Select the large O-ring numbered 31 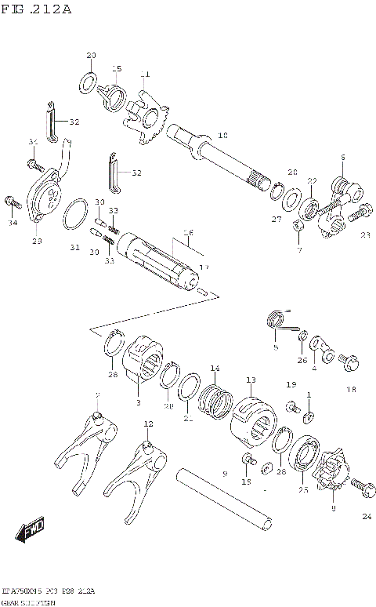click(x=75, y=213)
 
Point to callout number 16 click(x=187, y=232)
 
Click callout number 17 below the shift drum click(x=204, y=267)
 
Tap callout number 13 click(x=250, y=380)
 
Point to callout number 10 click(x=222, y=135)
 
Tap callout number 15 click(x=117, y=68)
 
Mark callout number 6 click(x=342, y=158)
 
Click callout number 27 click(x=277, y=220)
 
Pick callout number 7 click(x=298, y=250)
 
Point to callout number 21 click(x=187, y=419)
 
